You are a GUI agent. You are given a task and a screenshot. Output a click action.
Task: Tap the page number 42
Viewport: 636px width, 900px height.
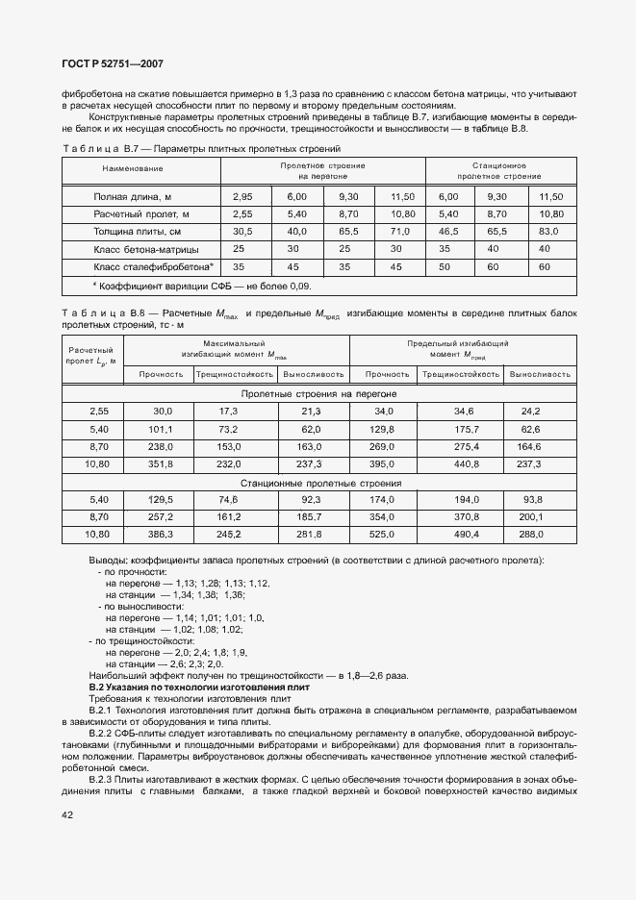[67, 814]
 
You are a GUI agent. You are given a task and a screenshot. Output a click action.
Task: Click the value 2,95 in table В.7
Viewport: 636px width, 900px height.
[242, 196]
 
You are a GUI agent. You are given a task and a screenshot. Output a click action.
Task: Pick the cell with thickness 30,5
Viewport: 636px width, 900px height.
[242, 232]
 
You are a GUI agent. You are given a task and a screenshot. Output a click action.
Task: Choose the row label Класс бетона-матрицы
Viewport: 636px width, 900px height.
[140, 249]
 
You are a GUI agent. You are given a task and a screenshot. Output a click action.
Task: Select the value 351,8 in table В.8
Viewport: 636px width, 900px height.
[162, 464]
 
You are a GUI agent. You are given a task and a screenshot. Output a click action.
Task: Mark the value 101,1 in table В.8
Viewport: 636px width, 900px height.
[162, 429]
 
